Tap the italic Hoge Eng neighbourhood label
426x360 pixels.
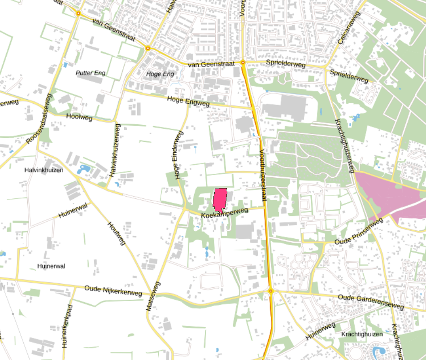(160, 74)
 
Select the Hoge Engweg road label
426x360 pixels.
(188, 101)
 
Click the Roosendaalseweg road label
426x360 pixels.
(39, 119)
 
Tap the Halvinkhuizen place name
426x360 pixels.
(43, 170)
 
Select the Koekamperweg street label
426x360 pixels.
(225, 213)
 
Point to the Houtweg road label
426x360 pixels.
(117, 233)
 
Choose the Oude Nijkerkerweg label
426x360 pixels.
(113, 291)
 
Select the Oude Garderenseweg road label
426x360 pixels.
(371, 302)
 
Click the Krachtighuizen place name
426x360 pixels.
(362, 334)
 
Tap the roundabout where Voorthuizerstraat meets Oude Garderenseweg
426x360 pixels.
(271, 291)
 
